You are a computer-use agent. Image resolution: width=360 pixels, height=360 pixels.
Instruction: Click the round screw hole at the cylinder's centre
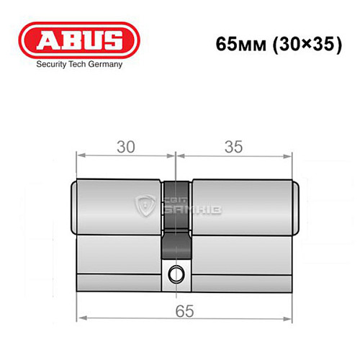pyautogui.click(x=175, y=274)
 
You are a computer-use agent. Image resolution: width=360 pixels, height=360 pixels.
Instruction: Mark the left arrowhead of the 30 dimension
pyautogui.click(x=80, y=155)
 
